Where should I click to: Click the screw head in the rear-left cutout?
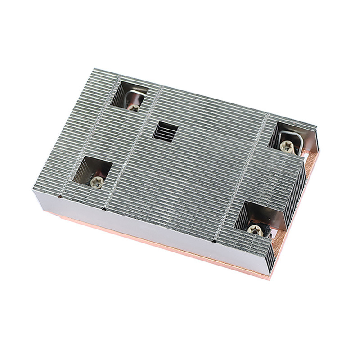[134, 107]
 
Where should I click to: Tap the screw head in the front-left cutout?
[96, 181]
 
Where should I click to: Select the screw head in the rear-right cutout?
[287, 145]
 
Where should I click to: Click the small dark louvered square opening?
[166, 131]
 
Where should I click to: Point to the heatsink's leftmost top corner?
[34, 189]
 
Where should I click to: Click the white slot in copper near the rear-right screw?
[306, 156]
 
